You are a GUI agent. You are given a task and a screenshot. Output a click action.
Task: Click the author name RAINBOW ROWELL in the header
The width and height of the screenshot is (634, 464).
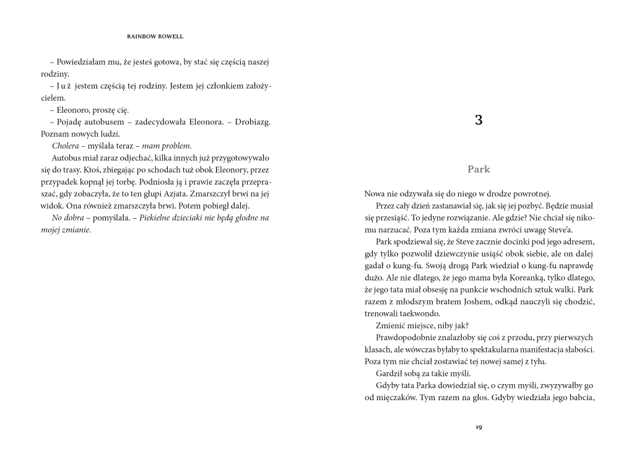[x=155, y=37]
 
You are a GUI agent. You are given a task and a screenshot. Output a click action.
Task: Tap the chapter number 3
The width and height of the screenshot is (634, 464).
[x=479, y=120]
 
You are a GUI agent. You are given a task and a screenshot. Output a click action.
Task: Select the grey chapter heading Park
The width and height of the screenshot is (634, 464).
[x=479, y=169]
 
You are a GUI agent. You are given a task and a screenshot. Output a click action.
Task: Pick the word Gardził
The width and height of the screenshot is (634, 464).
[x=390, y=374]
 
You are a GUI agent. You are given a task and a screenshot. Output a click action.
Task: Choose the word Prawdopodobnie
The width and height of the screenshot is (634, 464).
[x=406, y=338]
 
